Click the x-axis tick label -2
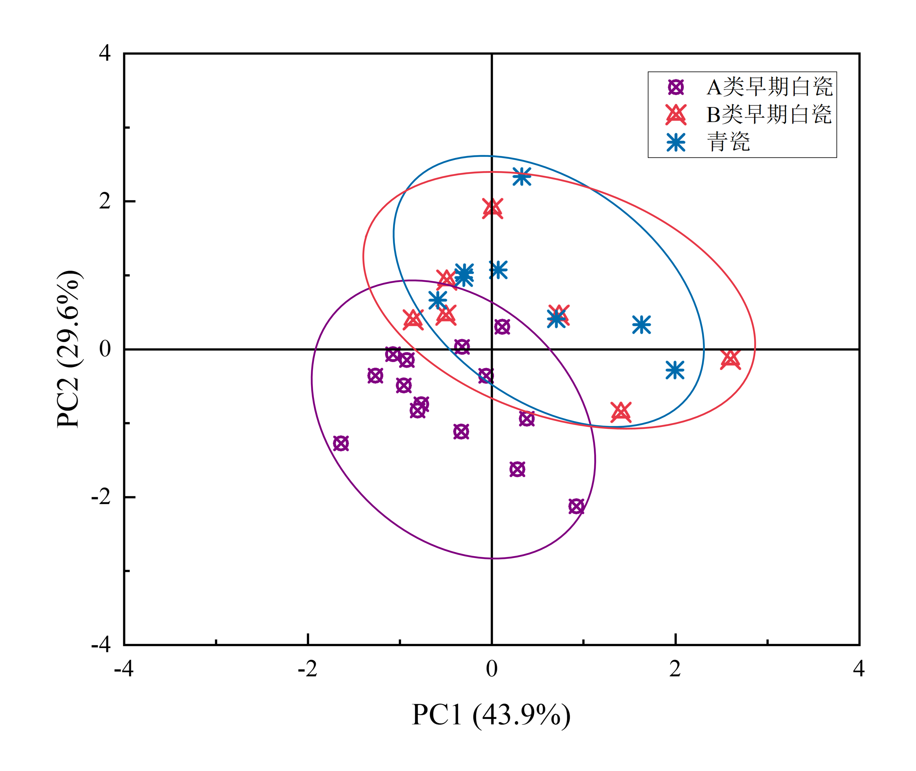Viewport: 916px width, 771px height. pos(307,669)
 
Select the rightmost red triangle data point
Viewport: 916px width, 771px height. pos(730,359)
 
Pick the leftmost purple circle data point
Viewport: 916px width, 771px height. pos(341,443)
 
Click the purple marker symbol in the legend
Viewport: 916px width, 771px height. pos(675,87)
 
